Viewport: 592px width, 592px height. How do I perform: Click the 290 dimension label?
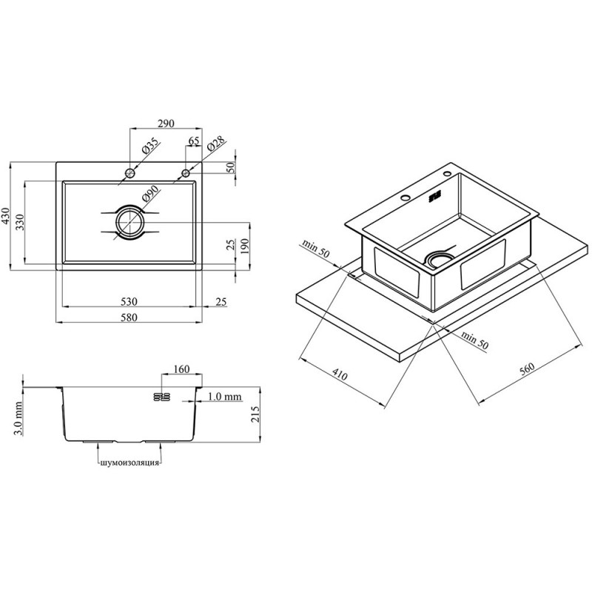[166, 124]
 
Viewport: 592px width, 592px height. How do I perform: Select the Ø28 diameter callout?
[215, 144]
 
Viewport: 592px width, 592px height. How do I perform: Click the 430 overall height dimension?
[5, 216]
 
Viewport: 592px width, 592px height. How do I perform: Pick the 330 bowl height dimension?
[20, 223]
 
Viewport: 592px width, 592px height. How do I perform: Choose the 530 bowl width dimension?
[129, 302]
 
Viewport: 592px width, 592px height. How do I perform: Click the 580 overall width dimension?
[129, 317]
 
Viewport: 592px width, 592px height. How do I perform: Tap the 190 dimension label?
[245, 246]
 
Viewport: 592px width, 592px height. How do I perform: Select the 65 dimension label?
[194, 141]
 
